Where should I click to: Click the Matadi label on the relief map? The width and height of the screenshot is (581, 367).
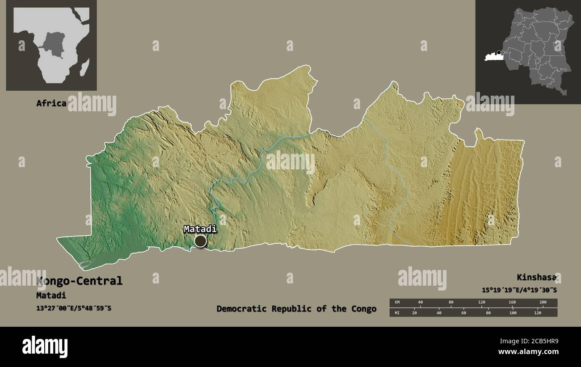(200, 229)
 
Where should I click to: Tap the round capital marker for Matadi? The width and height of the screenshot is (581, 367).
(201, 241)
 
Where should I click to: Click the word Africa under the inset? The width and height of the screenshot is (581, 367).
(51, 103)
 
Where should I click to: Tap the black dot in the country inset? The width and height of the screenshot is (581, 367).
(499, 53)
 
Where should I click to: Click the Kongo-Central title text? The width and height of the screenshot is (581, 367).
(80, 281)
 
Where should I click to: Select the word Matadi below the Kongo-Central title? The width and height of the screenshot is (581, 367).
(51, 295)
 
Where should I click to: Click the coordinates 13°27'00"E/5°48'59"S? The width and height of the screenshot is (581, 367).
(74, 308)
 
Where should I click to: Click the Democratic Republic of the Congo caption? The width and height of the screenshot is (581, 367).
(296, 308)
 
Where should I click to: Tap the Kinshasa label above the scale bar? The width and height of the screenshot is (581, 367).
(536, 277)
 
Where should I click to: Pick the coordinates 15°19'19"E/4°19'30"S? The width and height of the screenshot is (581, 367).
(519, 290)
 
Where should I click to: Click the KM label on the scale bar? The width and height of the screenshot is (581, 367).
(397, 303)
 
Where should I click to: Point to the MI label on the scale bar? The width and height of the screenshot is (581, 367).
(397, 312)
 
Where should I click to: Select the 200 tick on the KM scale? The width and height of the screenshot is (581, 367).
(543, 303)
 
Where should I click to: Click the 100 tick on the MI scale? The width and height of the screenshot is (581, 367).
(513, 312)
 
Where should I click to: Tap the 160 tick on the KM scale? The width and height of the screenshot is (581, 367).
(512, 303)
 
